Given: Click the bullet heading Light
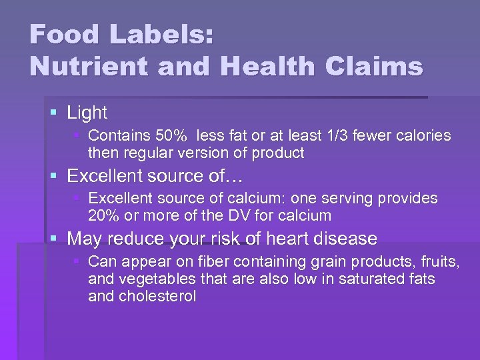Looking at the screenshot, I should tap(87, 113).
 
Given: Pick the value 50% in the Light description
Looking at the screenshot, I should tap(173, 136).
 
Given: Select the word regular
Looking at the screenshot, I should tap(147, 153).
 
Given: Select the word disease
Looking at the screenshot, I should tap(345, 239).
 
